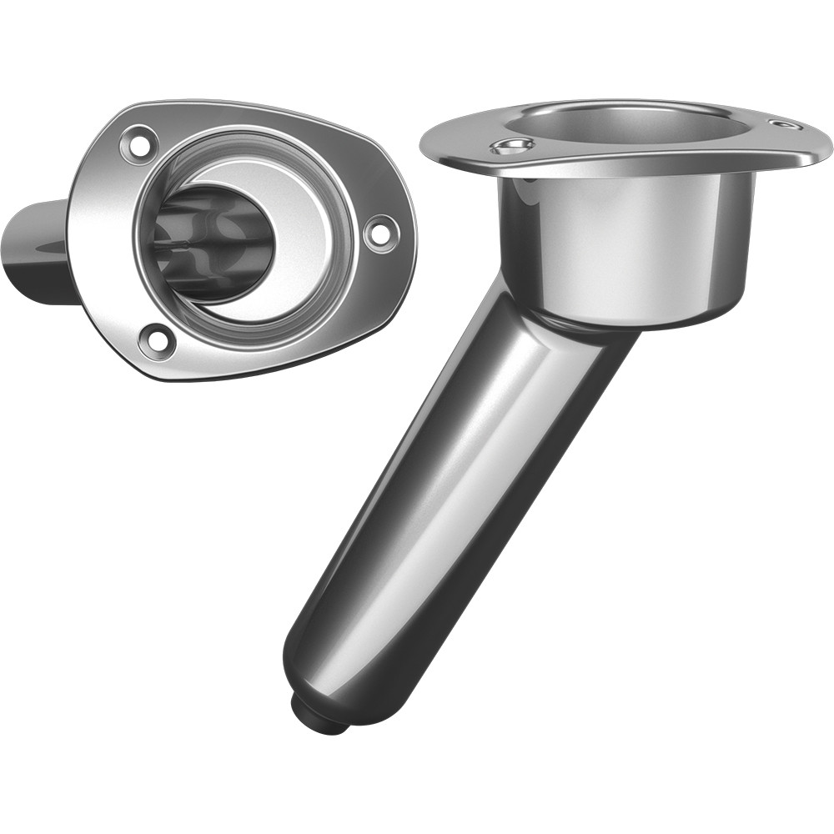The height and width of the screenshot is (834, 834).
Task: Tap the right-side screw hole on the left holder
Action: coord(379,232)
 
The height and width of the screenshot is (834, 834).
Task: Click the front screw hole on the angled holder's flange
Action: coord(512,147)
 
